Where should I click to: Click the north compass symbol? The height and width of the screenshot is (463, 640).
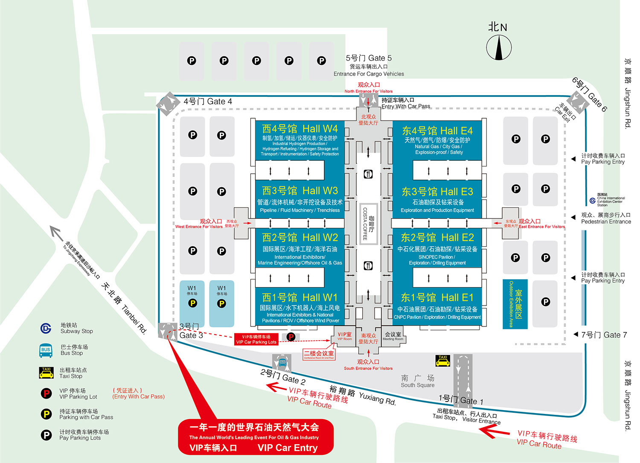tap(499, 47)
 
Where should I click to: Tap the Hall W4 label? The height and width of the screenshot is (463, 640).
tap(300, 129)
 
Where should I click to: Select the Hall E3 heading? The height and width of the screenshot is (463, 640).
tap(437, 192)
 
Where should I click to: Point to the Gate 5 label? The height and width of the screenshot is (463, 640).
tap(369, 58)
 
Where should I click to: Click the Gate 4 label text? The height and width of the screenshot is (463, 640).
tap(208, 102)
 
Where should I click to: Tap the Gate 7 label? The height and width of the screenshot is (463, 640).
tap(604, 335)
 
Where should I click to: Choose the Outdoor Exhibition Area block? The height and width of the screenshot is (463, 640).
tap(515, 304)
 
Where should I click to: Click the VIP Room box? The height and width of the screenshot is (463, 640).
tap(345, 337)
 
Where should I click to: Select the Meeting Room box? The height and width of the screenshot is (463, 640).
tap(393, 336)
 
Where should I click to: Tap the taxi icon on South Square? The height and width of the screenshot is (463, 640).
tap(443, 361)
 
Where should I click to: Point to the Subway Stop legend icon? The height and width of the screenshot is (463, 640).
tap(46, 328)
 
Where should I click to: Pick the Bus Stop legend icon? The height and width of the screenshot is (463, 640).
tap(46, 350)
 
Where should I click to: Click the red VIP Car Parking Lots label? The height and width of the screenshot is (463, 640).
tap(256, 340)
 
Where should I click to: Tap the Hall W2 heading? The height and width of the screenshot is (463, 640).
tap(300, 237)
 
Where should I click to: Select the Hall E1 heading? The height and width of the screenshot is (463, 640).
tap(437, 297)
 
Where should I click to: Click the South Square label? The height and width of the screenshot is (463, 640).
tap(417, 381)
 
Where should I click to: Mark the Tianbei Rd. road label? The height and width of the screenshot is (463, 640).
tap(124, 308)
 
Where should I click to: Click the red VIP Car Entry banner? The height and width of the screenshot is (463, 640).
tap(255, 437)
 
